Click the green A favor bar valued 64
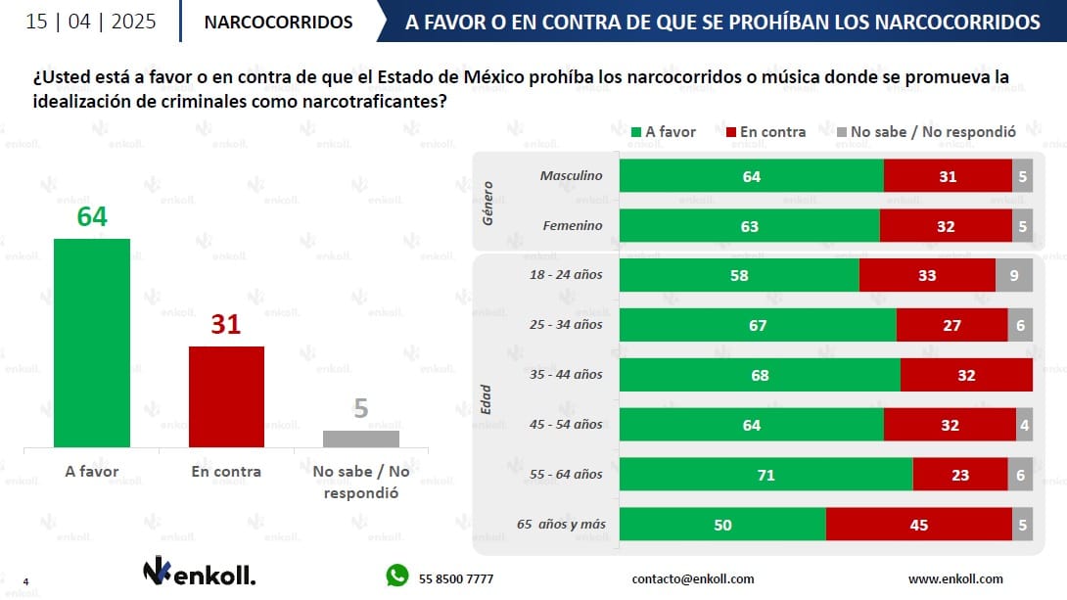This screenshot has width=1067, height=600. point(91,343)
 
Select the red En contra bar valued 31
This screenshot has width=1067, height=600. point(226,396)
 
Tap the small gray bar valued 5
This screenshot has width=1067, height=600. point(361,438)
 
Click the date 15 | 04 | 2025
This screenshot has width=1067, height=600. point(90,22)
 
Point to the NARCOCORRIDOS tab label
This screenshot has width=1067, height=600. point(279,22)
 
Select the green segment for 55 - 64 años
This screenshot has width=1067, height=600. point(765,475)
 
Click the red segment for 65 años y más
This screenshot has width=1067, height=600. point(918,525)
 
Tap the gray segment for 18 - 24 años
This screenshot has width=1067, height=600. point(1014,276)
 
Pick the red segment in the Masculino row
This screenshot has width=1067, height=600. point(948,176)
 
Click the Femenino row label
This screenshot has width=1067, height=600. point(573,226)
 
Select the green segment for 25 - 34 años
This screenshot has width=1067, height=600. point(758,325)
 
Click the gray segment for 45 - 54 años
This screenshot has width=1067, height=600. point(1024,425)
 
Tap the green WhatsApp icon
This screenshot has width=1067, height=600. point(396,576)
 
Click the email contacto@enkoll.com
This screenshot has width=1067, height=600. point(693,578)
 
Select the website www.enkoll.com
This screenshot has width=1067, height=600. point(955,578)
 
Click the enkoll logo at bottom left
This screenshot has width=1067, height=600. point(199,573)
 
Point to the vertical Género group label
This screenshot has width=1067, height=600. point(488,202)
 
